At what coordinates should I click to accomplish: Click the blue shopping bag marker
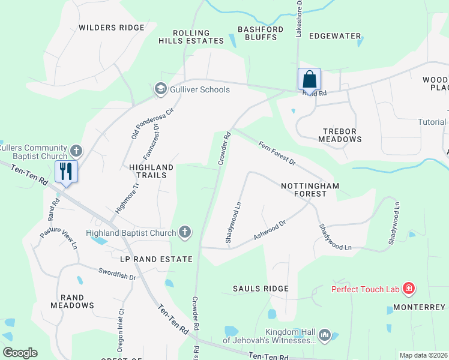tap(309, 79)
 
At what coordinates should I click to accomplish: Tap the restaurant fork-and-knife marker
tap(66, 172)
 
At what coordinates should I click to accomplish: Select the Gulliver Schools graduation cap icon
tap(160, 89)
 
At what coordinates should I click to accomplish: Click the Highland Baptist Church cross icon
tap(185, 233)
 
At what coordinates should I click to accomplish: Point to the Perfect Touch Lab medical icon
tap(409, 289)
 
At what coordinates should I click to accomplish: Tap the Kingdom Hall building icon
tap(325, 334)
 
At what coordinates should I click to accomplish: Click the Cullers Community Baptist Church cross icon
tap(76, 150)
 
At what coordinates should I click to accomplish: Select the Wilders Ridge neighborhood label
tap(112, 28)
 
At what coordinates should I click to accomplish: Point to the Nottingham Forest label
tap(310, 190)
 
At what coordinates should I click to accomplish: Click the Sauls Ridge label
tap(261, 289)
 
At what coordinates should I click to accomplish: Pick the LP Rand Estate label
tap(156, 259)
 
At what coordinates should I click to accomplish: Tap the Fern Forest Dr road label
tap(277, 153)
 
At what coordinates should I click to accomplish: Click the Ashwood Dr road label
tap(268, 229)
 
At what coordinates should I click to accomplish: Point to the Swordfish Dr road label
tap(118, 274)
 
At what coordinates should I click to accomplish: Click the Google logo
tap(20, 353)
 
